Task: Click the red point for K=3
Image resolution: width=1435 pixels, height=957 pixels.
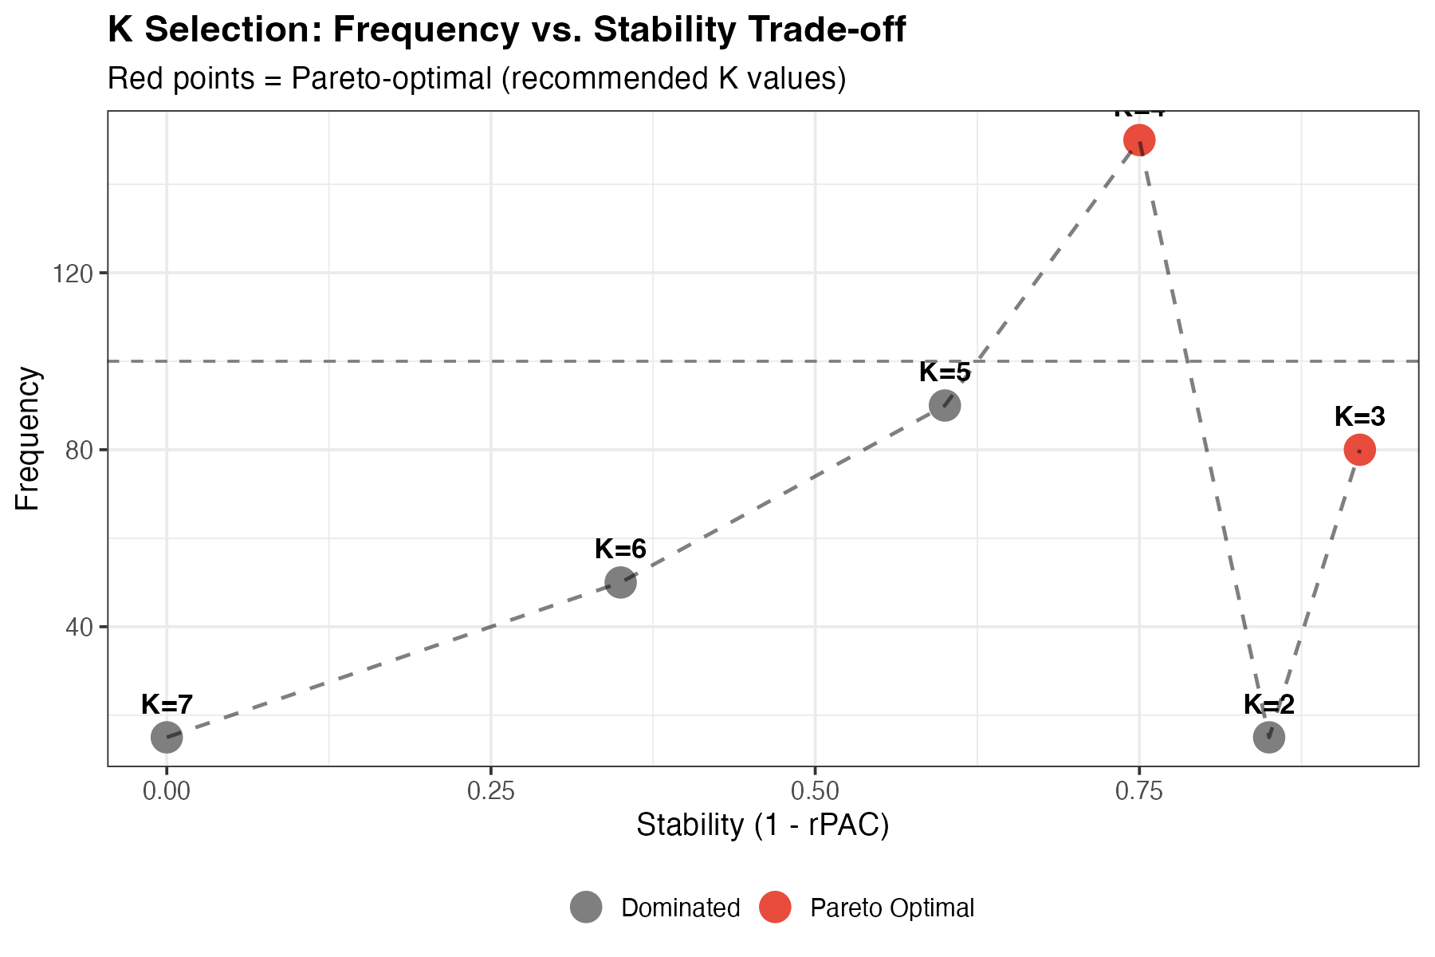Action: click(1359, 450)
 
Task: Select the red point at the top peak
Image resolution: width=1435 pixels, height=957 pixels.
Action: click(1139, 140)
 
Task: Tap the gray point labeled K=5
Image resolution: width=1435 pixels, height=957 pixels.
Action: click(945, 406)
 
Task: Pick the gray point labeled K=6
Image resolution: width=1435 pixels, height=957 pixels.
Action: click(620, 583)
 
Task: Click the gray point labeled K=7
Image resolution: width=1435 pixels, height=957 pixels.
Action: click(167, 738)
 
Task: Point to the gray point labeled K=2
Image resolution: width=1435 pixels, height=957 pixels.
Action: click(1268, 738)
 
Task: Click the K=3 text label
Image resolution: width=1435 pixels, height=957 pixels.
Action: click(1359, 416)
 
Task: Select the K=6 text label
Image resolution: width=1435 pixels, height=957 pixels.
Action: click(620, 549)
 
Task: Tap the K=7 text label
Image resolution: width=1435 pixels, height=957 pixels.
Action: click(167, 704)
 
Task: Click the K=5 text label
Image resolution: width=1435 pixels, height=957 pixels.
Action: click(945, 372)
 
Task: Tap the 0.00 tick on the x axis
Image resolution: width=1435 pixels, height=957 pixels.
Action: click(167, 791)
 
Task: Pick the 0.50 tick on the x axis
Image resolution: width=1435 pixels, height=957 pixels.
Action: click(814, 791)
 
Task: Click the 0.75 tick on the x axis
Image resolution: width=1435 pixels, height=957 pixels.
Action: click(1138, 791)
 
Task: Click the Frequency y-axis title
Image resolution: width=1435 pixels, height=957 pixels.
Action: click(28, 439)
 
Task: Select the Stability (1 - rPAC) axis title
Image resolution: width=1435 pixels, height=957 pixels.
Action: click(762, 825)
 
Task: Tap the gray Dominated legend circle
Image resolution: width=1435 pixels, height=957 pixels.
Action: click(586, 908)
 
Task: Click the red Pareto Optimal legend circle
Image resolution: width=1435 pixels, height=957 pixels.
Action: click(775, 908)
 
